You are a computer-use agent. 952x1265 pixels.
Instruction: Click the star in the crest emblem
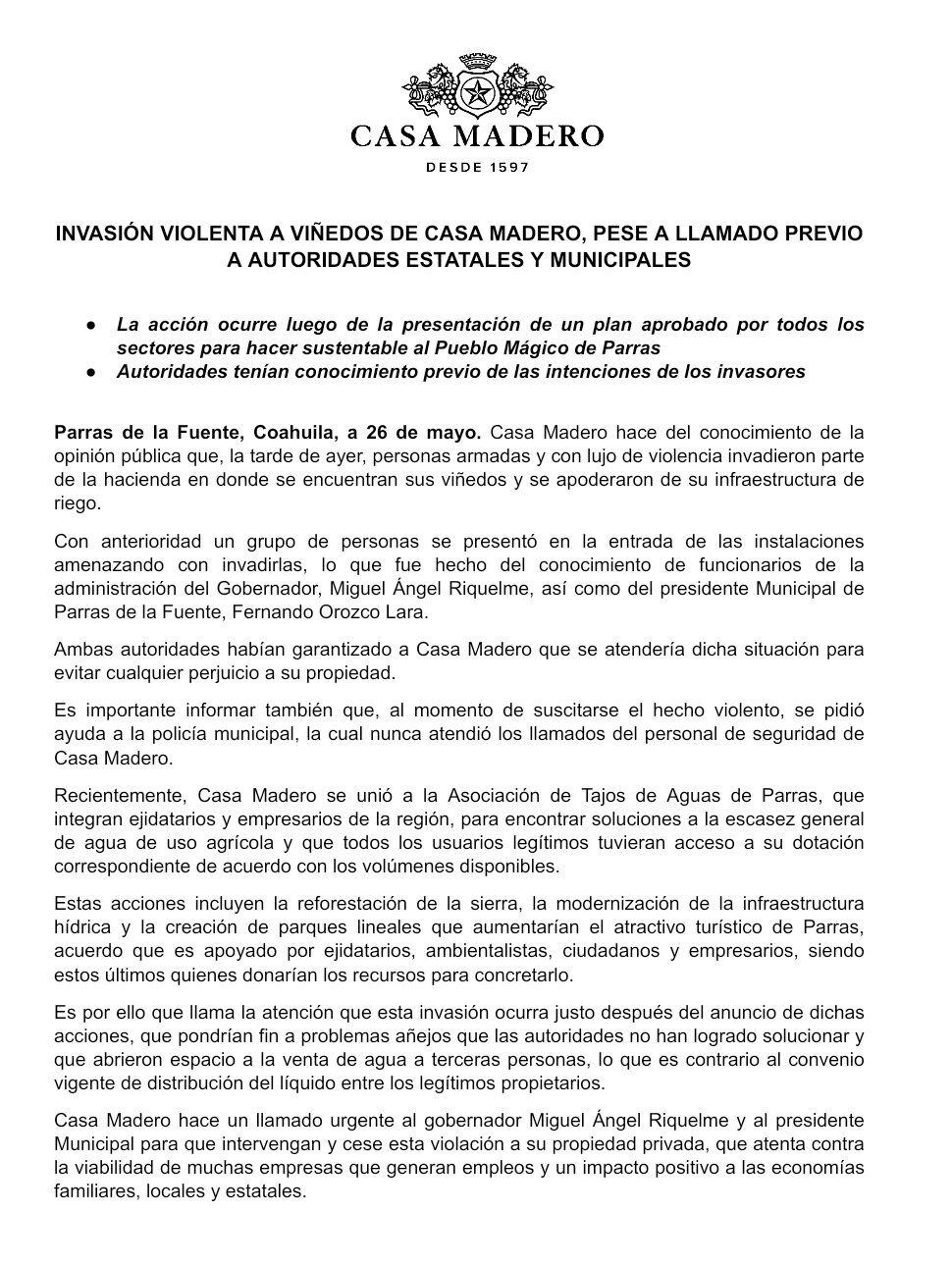tap(477, 94)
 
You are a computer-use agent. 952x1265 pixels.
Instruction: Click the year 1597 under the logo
tap(506, 167)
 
